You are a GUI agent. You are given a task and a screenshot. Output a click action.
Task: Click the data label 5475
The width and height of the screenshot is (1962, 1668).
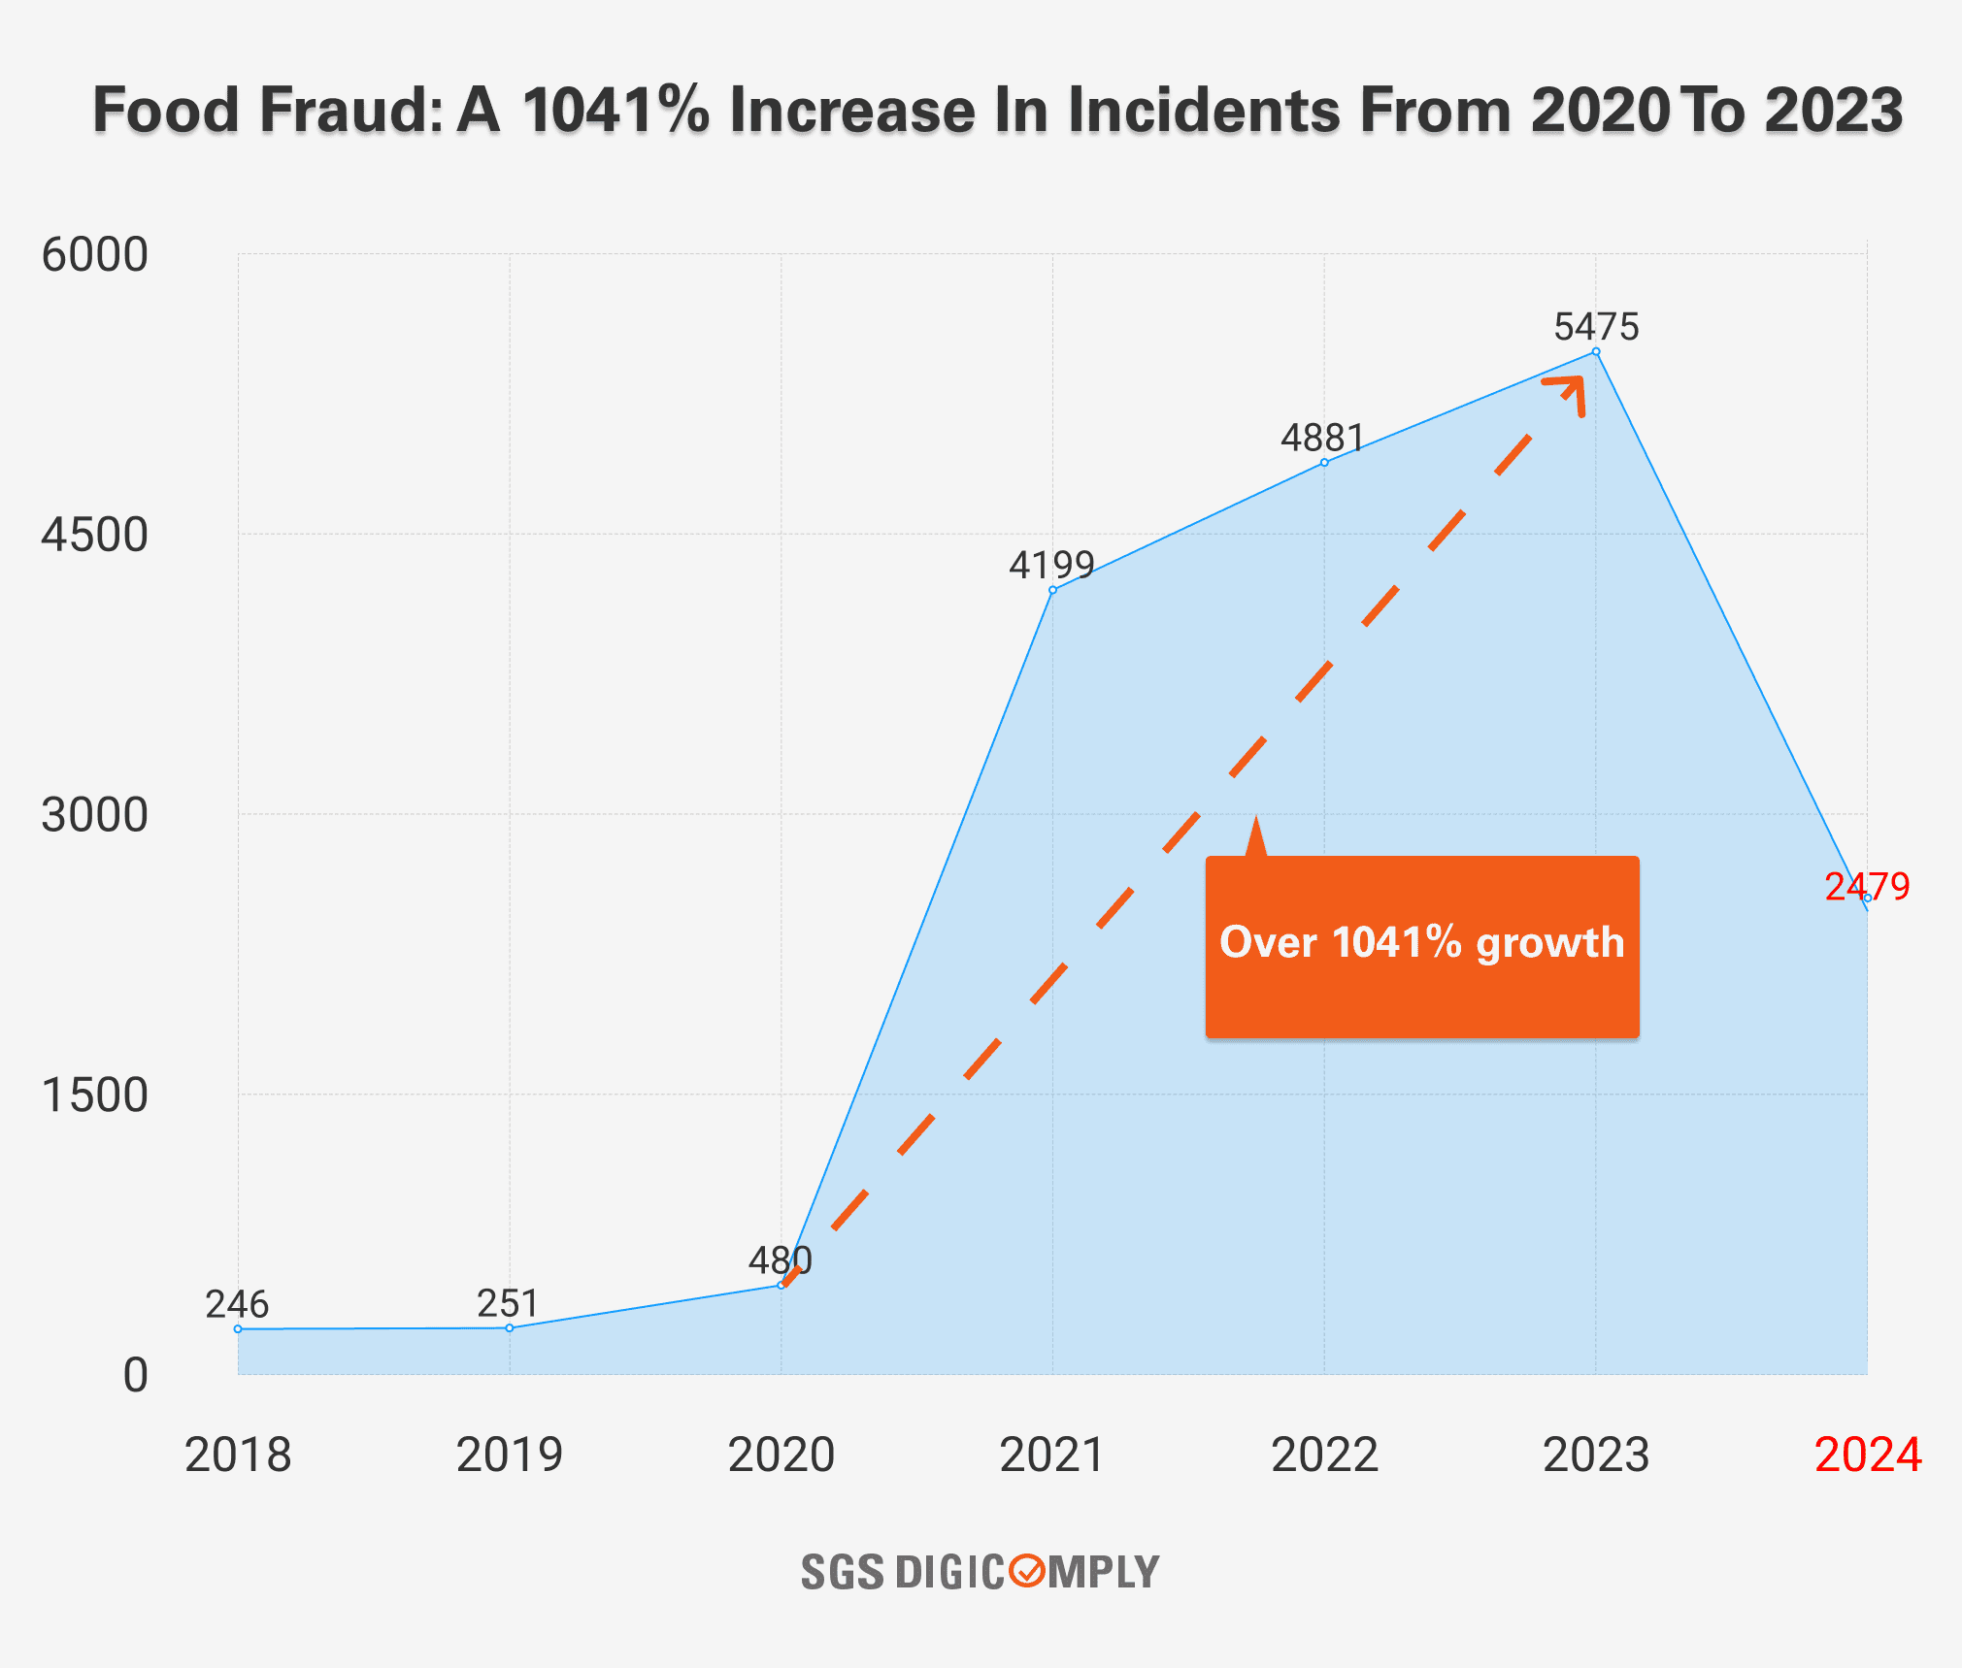coord(1596,327)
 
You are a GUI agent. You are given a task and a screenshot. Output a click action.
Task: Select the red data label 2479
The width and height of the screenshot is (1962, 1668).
coord(1866,886)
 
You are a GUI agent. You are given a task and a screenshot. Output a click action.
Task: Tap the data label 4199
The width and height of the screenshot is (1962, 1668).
coord(1051,565)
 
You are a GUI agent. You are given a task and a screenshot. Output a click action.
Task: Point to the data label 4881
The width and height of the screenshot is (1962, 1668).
coord(1322,439)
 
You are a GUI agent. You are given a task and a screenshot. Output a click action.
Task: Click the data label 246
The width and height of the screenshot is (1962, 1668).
coord(237,1304)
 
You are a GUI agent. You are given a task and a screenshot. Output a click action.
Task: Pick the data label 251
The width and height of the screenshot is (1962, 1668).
coord(508,1303)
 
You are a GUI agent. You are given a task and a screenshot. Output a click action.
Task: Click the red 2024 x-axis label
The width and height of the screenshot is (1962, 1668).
coord(1867,1455)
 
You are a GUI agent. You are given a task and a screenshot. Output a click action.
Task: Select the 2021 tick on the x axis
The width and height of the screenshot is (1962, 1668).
coord(1052,1455)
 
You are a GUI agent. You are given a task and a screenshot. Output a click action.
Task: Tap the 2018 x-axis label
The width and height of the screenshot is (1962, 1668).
coord(238,1455)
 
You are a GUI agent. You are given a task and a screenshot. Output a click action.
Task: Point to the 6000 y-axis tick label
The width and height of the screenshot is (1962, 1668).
coord(94,255)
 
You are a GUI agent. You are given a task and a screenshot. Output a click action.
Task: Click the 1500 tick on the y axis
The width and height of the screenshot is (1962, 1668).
coord(94,1096)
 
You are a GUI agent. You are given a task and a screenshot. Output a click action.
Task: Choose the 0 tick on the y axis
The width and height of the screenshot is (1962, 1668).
coord(135,1376)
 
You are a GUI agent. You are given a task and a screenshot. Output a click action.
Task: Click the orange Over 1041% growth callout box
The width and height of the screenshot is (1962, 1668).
coord(1421,946)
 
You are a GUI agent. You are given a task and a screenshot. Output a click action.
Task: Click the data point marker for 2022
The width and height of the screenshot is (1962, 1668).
coord(1324,463)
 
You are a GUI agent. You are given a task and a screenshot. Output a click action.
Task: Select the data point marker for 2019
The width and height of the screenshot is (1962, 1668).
coord(510,1327)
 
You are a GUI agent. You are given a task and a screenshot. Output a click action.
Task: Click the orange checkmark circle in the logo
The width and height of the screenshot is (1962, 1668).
coord(1026,1570)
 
